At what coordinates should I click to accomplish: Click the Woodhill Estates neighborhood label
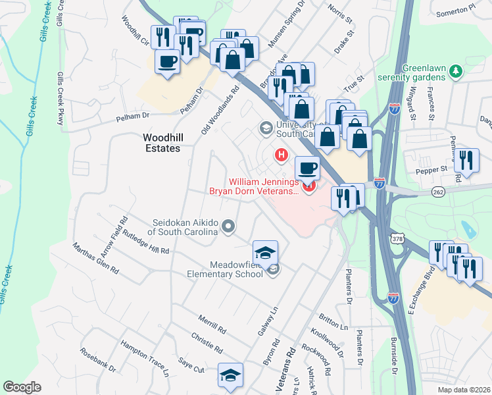(x=162, y=143)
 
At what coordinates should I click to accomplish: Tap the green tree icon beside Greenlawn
(x=455, y=76)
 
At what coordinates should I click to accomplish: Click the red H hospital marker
(x=282, y=155)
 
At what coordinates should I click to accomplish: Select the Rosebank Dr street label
(x=98, y=360)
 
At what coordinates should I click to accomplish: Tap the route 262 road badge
(x=439, y=191)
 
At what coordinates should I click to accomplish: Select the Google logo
(x=22, y=387)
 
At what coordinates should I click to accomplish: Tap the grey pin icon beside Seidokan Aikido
(x=228, y=227)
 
